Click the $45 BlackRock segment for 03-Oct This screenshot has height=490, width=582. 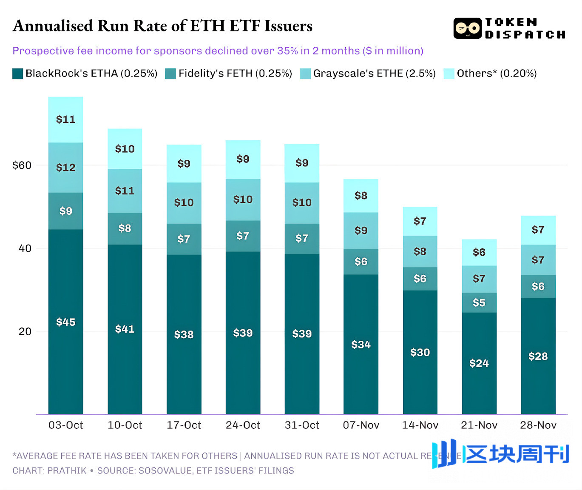pos(65,322)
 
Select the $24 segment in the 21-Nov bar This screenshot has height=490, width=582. pos(479,363)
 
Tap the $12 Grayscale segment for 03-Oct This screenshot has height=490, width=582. pos(65,167)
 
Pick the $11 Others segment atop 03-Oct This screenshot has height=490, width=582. pos(65,120)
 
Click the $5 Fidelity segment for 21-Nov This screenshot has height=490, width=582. pos(479,302)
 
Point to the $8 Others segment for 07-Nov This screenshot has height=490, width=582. pos(361,196)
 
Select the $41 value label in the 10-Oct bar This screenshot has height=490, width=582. pos(125,329)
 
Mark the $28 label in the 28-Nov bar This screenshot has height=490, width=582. pos(538,356)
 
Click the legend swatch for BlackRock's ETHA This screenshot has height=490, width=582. pos(17,74)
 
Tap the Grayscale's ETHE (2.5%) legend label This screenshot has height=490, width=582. pos(374,74)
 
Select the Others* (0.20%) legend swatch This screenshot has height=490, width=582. pos(449,74)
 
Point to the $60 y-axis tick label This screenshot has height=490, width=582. pos(22,165)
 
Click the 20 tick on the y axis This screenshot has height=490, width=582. pos(25,331)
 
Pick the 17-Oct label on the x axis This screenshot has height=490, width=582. pos(184,425)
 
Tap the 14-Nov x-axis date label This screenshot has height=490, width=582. pos(420,425)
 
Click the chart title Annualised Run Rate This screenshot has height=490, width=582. pos(162,26)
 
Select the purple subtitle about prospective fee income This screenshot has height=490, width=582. pos(218,51)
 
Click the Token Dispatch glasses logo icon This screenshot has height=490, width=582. pos(467,28)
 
